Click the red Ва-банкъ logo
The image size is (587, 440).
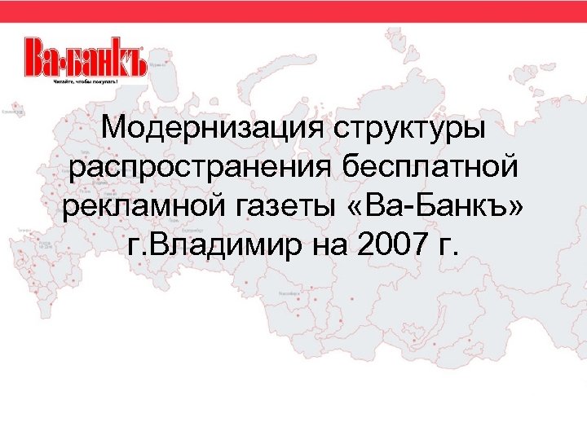point(85,57)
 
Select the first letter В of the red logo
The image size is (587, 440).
point(36,57)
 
